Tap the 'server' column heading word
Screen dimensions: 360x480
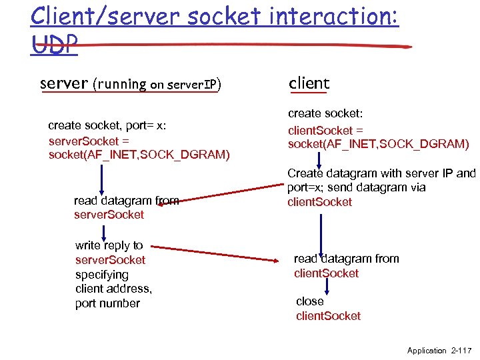64,83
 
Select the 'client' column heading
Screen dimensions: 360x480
309,83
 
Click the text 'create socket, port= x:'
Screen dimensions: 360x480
107,125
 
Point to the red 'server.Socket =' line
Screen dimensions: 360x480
89,141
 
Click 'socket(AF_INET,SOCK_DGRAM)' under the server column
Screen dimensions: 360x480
139,155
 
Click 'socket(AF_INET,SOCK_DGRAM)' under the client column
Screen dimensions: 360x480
378,144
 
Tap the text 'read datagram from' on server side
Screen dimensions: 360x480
126,200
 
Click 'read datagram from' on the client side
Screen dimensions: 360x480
346,259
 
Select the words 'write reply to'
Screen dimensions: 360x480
109,245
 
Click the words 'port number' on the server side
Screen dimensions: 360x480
107,303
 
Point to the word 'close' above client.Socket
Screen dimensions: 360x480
309,301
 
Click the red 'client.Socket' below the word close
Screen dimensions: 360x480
328,316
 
